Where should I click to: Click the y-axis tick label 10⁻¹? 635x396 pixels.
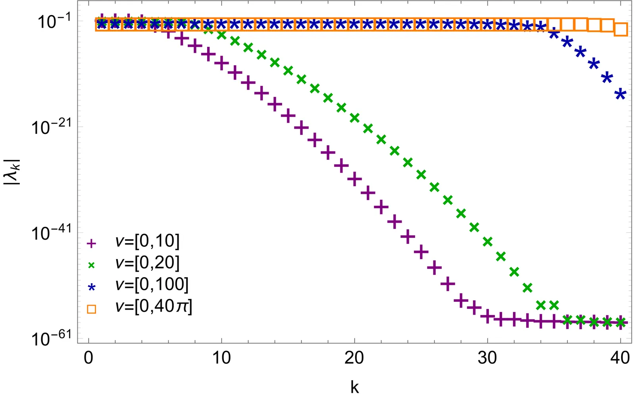click(54, 21)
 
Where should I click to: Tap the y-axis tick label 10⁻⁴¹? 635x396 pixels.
click(51, 233)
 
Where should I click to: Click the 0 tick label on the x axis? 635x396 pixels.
click(89, 358)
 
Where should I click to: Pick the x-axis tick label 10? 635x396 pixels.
click(221, 358)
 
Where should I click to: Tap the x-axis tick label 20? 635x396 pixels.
click(354, 358)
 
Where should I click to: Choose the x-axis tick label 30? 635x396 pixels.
click(487, 358)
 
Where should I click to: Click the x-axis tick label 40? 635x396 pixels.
click(620, 358)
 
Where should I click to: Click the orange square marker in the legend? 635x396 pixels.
click(92, 309)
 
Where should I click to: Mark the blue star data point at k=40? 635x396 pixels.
click(620, 94)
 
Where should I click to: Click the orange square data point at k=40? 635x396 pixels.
click(621, 29)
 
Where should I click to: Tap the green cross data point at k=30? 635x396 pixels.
click(487, 241)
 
